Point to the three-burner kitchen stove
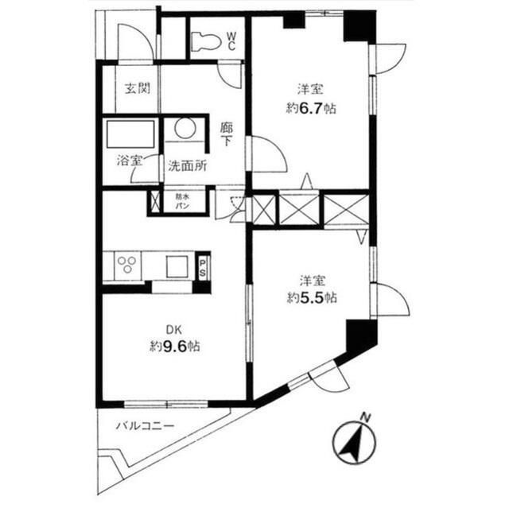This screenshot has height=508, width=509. click(x=126, y=264)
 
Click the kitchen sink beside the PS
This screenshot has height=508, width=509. click(x=175, y=266)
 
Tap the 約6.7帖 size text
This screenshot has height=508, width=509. click(x=311, y=108)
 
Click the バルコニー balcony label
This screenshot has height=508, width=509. click(x=145, y=426)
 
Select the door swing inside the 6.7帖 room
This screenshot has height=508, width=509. click(x=267, y=153)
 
